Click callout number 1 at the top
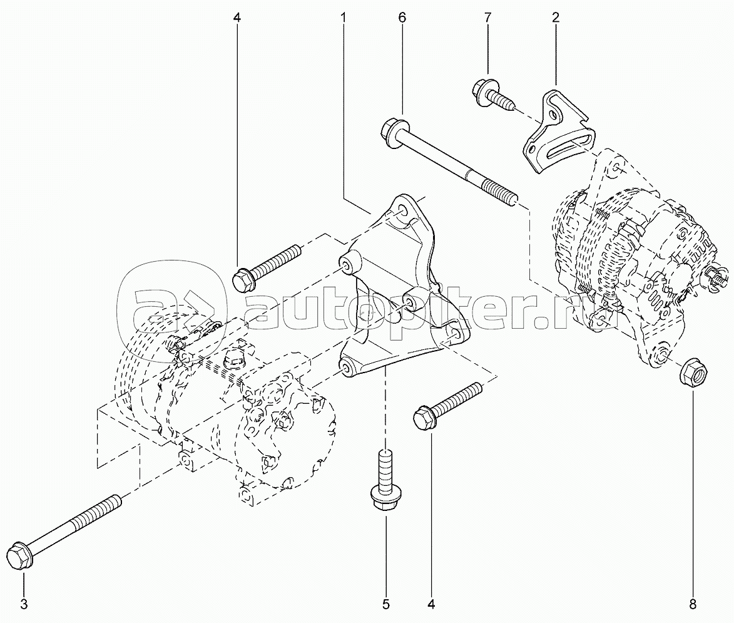[344, 19]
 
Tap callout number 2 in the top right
[556, 19]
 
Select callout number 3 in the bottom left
[24, 604]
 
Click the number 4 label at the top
[237, 19]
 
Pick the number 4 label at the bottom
[431, 604]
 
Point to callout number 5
[385, 604]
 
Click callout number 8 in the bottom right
[693, 604]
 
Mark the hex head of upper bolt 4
[243, 279]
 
